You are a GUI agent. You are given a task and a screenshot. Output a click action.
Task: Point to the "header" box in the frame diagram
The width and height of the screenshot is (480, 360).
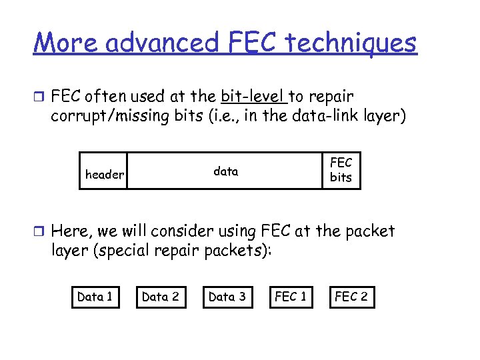click(104, 175)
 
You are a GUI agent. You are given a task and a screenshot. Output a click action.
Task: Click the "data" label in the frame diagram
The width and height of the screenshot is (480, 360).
click(225, 171)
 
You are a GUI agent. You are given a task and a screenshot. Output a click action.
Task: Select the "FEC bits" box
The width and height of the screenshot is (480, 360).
click(341, 170)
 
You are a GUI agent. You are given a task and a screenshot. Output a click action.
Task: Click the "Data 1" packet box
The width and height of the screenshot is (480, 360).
click(95, 297)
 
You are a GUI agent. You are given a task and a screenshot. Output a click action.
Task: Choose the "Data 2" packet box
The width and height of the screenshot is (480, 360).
click(161, 297)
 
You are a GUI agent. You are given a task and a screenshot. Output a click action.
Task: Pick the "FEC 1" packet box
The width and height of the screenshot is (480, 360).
click(291, 297)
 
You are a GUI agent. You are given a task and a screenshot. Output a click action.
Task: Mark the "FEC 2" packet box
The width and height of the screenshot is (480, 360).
click(351, 297)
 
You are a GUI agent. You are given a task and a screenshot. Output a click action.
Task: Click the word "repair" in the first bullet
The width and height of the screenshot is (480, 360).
click(330, 96)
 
